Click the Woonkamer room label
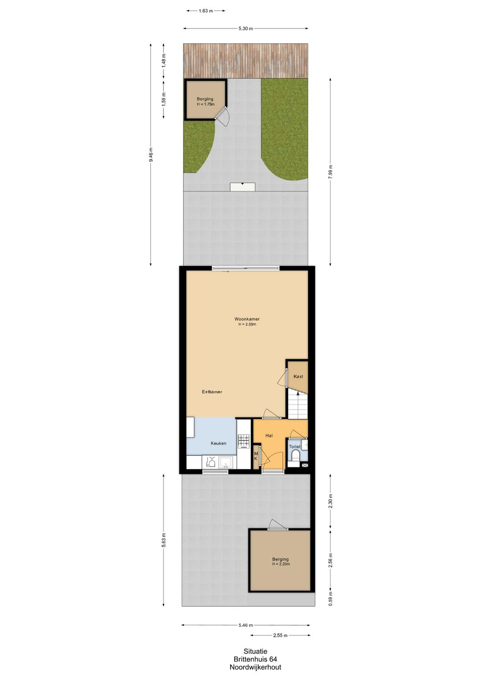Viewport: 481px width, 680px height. (x=247, y=319)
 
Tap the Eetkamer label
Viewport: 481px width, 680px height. (x=212, y=392)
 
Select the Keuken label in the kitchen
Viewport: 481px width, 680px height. (x=218, y=443)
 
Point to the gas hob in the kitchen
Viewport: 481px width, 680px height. (x=244, y=441)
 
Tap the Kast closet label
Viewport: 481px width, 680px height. (x=298, y=377)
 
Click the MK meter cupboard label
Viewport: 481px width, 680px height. (x=256, y=456)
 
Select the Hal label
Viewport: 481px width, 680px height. (x=269, y=436)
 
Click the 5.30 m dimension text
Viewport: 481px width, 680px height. (x=245, y=29)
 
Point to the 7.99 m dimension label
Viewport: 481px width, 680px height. (x=330, y=172)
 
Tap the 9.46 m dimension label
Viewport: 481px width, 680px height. (x=151, y=155)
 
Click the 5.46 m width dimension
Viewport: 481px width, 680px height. (x=246, y=625)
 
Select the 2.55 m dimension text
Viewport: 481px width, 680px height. (x=280, y=635)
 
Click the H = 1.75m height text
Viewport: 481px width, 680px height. (x=206, y=104)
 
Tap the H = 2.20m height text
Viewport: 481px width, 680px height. (x=281, y=564)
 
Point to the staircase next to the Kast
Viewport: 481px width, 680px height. (x=298, y=405)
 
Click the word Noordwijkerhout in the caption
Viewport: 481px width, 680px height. (x=255, y=668)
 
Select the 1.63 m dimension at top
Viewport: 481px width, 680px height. (x=206, y=11)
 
